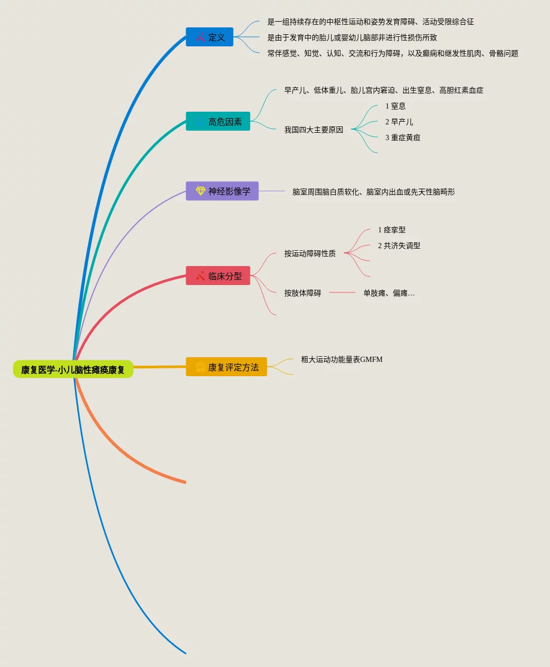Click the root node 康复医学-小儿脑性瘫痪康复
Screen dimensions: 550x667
[73, 369]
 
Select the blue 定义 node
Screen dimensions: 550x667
[209, 37]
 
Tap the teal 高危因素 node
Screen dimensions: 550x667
[218, 122]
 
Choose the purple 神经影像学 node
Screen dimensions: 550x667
[222, 191]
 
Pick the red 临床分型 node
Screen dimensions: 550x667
[218, 276]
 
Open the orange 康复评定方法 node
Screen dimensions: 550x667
[226, 367]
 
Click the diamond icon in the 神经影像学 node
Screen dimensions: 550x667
[200, 191]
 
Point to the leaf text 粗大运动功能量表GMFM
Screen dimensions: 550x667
[342, 359]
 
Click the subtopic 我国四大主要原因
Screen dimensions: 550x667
[314, 130]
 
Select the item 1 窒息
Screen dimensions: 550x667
[395, 106]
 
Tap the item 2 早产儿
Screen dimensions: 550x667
[399, 122]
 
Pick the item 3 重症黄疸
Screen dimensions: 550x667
[403, 138]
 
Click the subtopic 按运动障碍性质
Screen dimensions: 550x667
[310, 253]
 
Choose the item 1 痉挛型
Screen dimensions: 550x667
[392, 230]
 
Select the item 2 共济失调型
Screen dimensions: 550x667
[399, 246]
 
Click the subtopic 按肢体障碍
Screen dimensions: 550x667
[303, 293]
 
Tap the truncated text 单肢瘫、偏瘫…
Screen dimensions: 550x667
[389, 293]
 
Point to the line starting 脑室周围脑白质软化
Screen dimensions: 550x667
[373, 192]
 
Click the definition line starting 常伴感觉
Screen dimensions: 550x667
[392, 53]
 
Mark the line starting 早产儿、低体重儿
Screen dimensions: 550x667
[383, 90]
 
